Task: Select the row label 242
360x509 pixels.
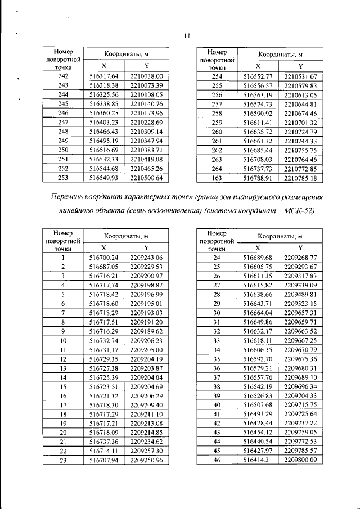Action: pyautogui.click(x=63, y=76)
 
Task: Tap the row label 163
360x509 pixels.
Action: pyautogui.click(x=217, y=178)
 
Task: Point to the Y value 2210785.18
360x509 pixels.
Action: pyautogui.click(x=301, y=178)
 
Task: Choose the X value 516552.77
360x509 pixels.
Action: pyautogui.click(x=258, y=76)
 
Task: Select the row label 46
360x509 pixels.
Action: pyautogui.click(x=217, y=460)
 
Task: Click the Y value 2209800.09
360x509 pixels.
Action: pyautogui.click(x=301, y=460)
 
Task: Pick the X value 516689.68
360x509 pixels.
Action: pyautogui.click(x=258, y=257)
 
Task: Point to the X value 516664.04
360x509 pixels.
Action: pyautogui.click(x=258, y=312)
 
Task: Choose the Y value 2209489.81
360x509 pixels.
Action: pyautogui.click(x=301, y=294)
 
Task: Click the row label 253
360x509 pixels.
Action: pyautogui.click(x=63, y=178)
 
